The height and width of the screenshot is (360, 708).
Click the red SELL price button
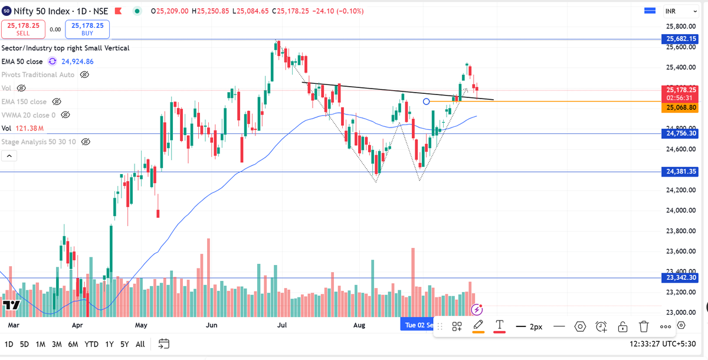point(24,29)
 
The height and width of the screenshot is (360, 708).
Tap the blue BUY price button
point(87,29)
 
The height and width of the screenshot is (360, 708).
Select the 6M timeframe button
point(73,344)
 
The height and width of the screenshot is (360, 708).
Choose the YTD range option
point(91,344)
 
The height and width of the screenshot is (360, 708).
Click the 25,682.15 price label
point(682,39)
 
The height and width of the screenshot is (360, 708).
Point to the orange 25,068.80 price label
point(682,108)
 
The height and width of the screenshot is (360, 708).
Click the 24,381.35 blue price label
point(682,172)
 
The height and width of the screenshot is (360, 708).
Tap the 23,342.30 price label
point(682,277)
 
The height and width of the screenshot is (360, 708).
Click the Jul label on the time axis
point(282,325)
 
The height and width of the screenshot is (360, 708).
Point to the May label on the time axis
point(140,325)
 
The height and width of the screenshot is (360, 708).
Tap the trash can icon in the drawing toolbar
point(644,326)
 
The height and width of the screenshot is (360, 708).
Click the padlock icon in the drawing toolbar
point(622,326)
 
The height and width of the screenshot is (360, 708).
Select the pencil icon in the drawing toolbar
point(478,325)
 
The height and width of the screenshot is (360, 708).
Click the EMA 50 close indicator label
point(22,61)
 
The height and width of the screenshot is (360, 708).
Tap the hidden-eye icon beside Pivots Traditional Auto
point(84,75)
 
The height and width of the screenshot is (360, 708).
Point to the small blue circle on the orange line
point(427,102)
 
